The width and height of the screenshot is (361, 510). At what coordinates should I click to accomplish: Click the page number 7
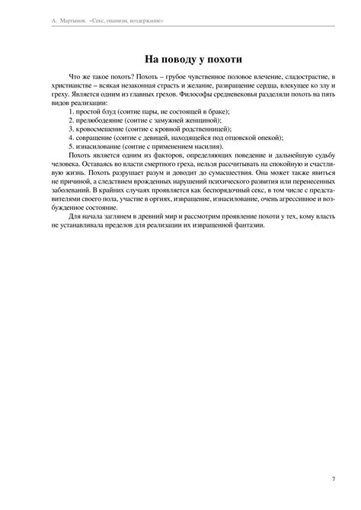(x=334, y=478)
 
